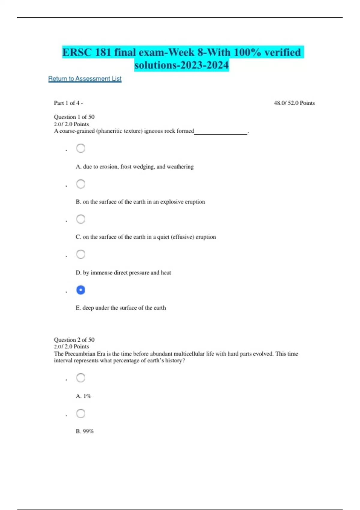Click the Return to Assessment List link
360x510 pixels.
coord(85,79)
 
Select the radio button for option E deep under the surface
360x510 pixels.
coord(81,290)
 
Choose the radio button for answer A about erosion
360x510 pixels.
coord(81,148)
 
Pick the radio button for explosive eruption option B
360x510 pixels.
coord(81,184)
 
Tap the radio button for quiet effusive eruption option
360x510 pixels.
coord(81,219)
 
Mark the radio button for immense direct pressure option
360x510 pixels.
coord(81,254)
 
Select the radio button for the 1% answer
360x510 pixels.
coord(81,378)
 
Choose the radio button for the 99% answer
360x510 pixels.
coord(81,413)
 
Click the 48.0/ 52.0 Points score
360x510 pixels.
coord(294,103)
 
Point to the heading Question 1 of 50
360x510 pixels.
coord(74,117)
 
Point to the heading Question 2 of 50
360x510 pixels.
coord(74,340)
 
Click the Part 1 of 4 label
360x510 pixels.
coord(68,103)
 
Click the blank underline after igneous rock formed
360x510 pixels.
coord(221,132)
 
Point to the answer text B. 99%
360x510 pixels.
coord(85,431)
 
